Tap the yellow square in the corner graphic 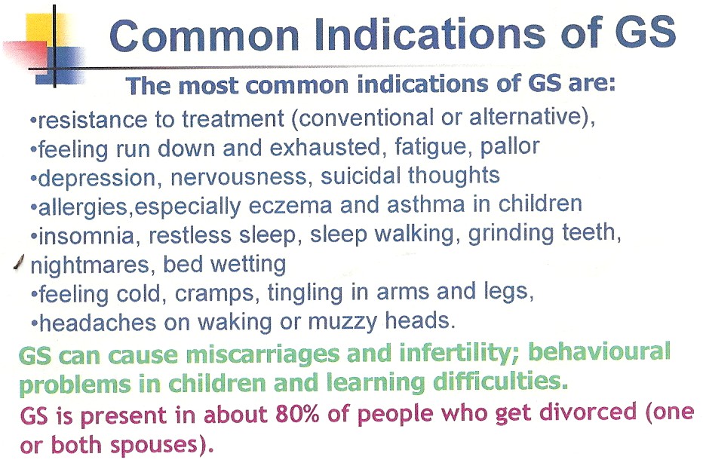pos(41,30)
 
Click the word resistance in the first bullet pos(93,120)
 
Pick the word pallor pos(510,147)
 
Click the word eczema pos(290,205)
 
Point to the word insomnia pos(87,236)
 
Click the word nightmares pos(90,265)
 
